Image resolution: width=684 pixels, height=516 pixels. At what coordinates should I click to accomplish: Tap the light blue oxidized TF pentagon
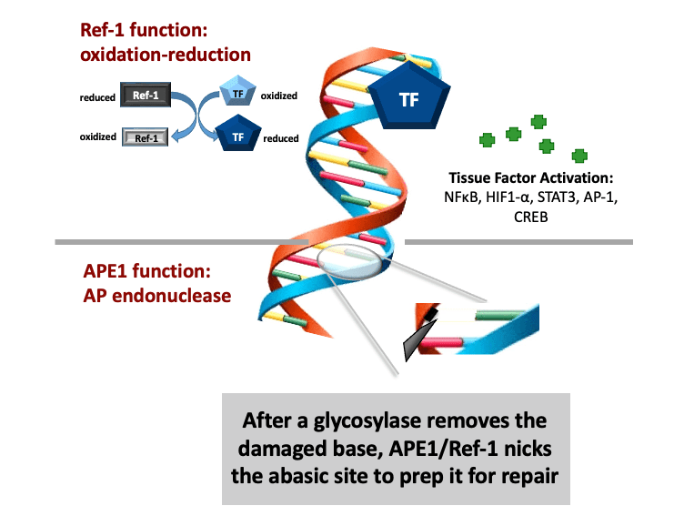237,92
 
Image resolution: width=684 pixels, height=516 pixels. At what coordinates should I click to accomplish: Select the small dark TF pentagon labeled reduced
237,137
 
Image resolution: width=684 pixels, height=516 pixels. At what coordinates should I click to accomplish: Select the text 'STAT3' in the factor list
567,197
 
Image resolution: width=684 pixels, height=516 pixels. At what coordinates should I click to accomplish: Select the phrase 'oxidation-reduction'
165,55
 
